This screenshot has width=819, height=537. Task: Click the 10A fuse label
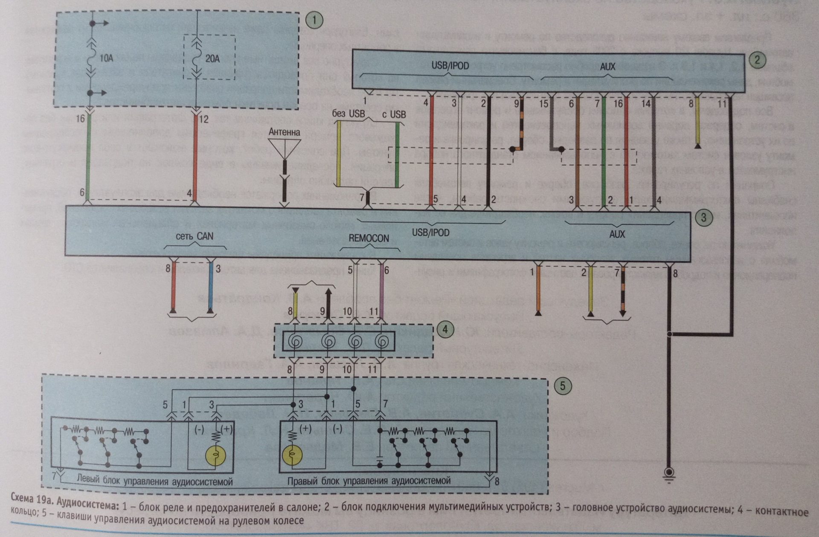[106, 58]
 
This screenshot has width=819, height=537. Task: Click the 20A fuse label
[212, 58]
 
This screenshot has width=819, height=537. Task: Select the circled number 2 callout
[757, 59]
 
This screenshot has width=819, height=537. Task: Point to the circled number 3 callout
[703, 217]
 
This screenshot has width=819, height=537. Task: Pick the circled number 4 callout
[445, 329]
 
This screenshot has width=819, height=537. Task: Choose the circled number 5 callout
[562, 386]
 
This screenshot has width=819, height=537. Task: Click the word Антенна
[284, 132]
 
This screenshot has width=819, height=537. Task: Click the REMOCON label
[369, 238]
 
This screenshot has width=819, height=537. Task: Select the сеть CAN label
[195, 236]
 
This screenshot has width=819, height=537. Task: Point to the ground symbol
[669, 474]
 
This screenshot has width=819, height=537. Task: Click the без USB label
[348, 114]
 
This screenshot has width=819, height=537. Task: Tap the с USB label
[394, 114]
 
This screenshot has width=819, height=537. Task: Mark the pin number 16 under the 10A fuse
[80, 118]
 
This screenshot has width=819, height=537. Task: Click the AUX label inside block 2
[607, 66]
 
